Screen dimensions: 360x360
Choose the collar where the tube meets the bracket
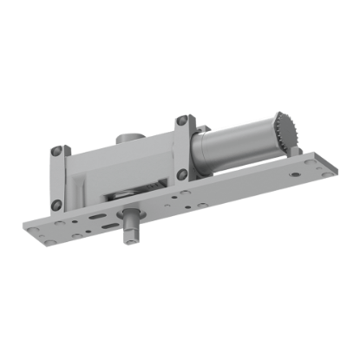[197, 149]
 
